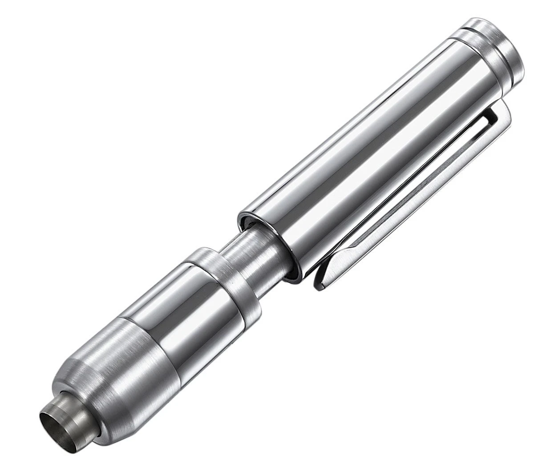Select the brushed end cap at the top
click(x=498, y=49)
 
